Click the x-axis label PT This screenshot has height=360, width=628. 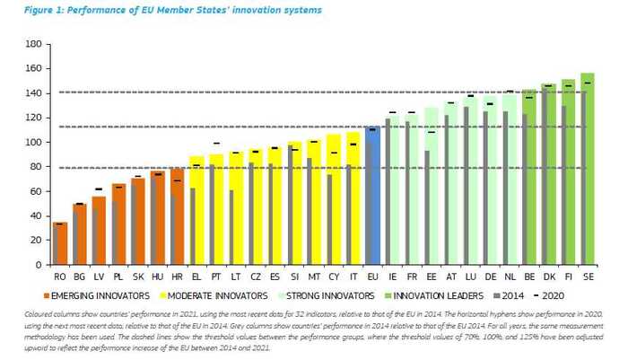click(x=215, y=277)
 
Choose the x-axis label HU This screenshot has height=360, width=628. click(x=156, y=277)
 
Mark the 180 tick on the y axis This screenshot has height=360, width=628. click(x=34, y=43)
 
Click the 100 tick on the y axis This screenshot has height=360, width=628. click(x=34, y=142)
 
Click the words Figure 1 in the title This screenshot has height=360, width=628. click(x=37, y=10)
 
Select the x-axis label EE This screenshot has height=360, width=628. click(x=431, y=277)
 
